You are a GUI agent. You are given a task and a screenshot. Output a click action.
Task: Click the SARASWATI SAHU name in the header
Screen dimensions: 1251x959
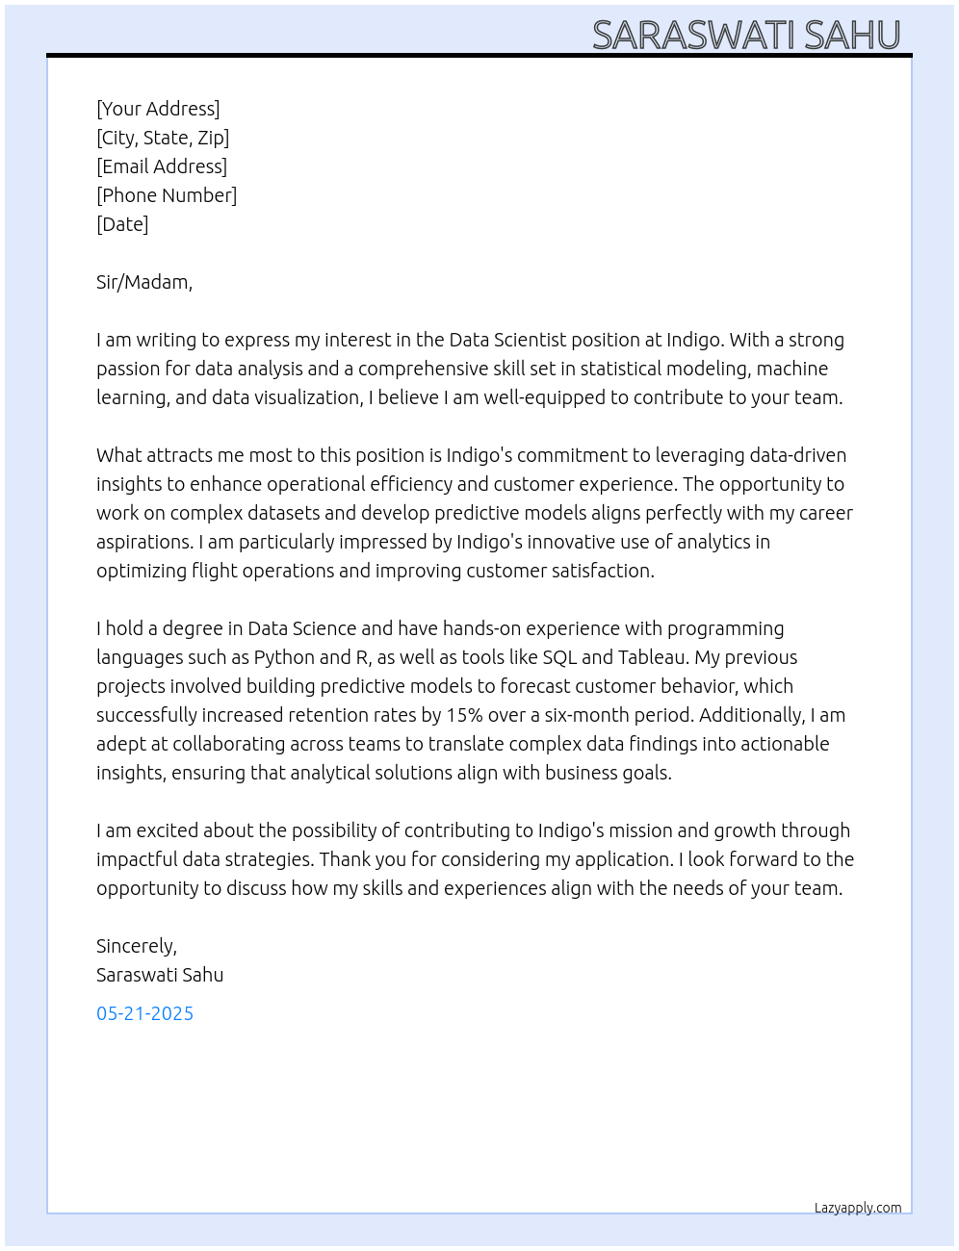click(x=746, y=36)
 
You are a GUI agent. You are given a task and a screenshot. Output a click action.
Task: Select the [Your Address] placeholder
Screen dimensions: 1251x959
click(x=158, y=109)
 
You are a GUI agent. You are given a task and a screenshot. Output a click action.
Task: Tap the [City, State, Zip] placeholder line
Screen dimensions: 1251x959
click(x=163, y=138)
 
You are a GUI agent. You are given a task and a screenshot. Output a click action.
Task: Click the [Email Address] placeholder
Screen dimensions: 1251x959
click(x=162, y=166)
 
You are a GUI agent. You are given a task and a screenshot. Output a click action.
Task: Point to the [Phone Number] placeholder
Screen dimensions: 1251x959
click(x=167, y=195)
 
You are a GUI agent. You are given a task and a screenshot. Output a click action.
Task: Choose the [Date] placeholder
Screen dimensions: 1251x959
click(x=122, y=224)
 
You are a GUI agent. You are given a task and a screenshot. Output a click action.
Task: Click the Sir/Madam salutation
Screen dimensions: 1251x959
click(x=144, y=282)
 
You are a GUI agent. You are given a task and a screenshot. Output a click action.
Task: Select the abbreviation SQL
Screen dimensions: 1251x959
click(x=559, y=657)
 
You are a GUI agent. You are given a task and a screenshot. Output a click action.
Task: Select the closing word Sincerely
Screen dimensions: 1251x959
click(x=137, y=946)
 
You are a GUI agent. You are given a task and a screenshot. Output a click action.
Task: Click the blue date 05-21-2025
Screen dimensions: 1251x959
click(x=145, y=1013)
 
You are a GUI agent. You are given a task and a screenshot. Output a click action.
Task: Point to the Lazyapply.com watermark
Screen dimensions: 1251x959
click(x=858, y=1208)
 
